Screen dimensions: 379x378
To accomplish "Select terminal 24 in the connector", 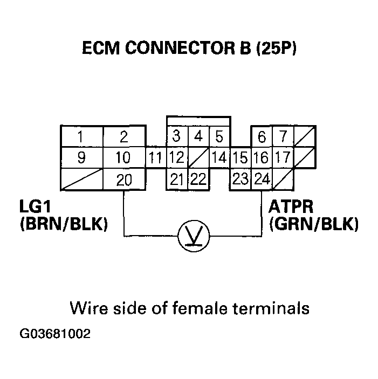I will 262,180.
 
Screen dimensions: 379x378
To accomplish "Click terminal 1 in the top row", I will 80,137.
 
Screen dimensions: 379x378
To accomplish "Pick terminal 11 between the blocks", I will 155,159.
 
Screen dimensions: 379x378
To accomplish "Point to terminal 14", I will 219,159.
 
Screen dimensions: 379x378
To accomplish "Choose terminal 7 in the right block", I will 283,137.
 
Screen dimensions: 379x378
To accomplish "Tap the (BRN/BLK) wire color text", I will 63,224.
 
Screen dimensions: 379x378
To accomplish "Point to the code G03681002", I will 55,334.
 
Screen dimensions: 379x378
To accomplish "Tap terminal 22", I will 198,180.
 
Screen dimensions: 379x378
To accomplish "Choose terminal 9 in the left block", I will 80,159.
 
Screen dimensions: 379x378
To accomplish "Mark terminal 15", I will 240,159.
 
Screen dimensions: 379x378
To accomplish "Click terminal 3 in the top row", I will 176,137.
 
